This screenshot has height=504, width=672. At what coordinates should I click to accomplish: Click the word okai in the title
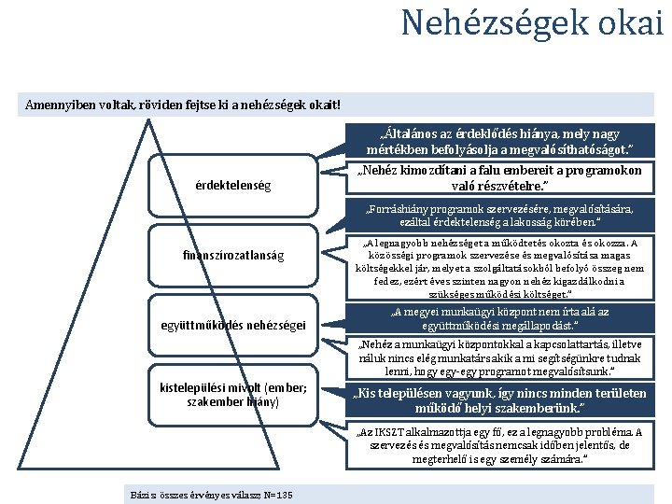pyautogui.click(x=630, y=21)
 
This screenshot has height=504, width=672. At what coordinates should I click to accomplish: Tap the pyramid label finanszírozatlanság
pyautogui.click(x=234, y=255)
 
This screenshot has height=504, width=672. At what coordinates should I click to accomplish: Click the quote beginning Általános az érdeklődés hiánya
pyautogui.click(x=500, y=141)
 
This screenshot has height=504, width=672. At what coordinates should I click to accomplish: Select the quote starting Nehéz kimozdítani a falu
pyautogui.click(x=500, y=177)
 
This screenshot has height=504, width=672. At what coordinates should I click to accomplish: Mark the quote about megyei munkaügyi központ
pyautogui.click(x=500, y=318)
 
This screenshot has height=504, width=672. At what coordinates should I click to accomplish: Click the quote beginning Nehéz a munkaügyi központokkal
pyautogui.click(x=500, y=356)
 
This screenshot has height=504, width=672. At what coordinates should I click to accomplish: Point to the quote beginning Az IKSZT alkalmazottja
pyautogui.click(x=500, y=445)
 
